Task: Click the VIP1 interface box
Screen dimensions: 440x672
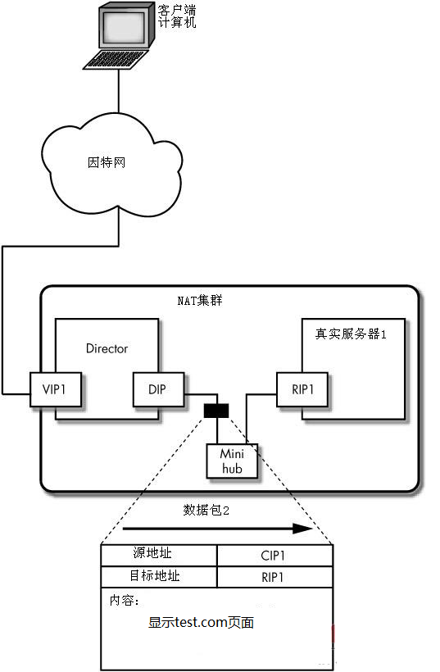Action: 56,389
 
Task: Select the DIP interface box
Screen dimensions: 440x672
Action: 158,389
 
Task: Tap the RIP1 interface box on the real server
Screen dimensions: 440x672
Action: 302,389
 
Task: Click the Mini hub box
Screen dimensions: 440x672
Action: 232,461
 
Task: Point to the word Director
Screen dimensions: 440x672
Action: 107,348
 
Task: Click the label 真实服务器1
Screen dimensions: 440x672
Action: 351,334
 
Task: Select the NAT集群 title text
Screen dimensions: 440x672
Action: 200,301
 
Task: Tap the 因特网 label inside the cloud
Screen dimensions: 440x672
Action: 107,162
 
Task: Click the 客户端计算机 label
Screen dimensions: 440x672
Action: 177,16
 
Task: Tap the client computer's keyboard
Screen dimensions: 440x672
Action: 116,60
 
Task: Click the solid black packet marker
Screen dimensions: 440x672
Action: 216,411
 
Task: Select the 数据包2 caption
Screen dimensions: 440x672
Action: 206,510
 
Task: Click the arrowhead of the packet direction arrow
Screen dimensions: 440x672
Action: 303,529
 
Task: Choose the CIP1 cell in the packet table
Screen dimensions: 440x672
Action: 275,556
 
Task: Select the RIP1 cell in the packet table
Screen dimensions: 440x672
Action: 275,577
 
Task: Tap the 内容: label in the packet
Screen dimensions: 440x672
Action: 125,601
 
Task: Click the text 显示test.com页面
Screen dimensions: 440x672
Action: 202,622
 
